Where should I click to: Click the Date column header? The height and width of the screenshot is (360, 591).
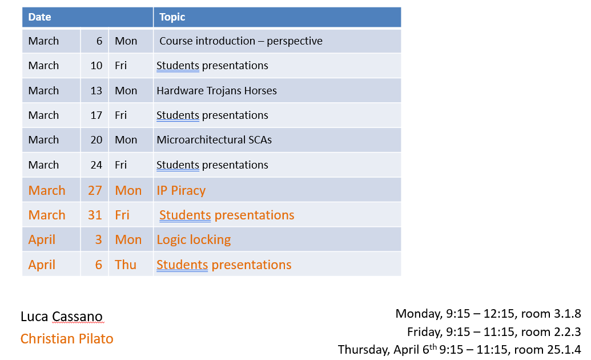point(39,17)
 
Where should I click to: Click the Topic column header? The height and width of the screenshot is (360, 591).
point(172,17)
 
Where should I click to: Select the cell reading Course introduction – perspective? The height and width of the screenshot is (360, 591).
point(241,41)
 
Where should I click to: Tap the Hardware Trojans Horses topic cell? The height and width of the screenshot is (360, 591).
point(217,90)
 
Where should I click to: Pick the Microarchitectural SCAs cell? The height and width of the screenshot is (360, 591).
point(214,139)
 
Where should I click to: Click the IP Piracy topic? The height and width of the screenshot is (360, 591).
point(181,190)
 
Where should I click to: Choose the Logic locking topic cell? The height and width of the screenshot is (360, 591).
point(194,239)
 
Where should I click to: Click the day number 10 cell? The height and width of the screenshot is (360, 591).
point(97,65)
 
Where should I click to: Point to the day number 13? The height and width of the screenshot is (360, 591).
point(97,90)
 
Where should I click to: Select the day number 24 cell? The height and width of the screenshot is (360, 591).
point(97,165)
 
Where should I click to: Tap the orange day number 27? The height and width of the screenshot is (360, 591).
point(95,190)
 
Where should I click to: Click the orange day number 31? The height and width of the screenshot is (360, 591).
point(95,215)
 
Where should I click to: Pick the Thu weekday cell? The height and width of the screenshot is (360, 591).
point(126,265)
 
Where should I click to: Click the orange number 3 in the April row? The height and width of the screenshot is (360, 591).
point(98,239)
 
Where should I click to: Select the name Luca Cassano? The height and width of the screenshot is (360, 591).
point(62,316)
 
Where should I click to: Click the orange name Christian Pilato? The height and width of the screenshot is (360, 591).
point(67,338)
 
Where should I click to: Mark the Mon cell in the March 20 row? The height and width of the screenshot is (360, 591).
point(126,139)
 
